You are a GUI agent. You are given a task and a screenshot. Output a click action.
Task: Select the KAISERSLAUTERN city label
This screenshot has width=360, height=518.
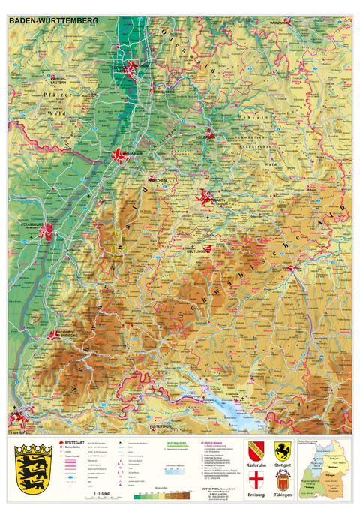click(x=62, y=79)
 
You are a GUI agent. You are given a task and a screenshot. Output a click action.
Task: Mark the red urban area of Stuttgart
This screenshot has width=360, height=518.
click(x=207, y=199)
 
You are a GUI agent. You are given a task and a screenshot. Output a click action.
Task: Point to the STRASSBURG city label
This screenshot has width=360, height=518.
click(x=39, y=224)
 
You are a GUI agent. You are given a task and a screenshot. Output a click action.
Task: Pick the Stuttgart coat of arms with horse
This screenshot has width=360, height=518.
click(x=283, y=450)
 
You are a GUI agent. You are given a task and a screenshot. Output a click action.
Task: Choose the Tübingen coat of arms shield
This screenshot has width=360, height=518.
click(x=283, y=481)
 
